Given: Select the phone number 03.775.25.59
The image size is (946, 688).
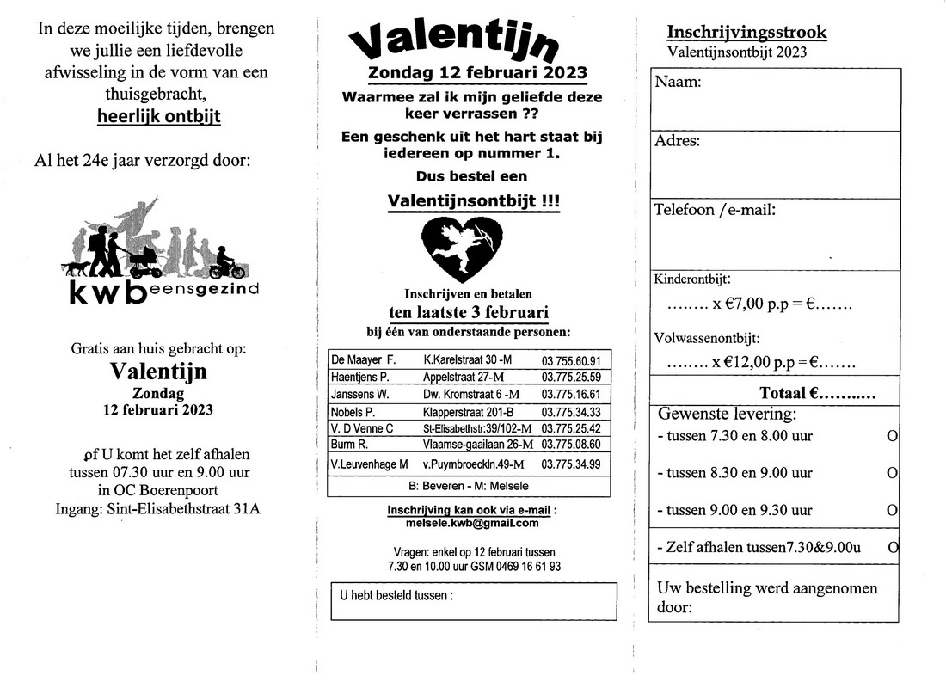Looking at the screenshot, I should pyautogui.click(x=571, y=377).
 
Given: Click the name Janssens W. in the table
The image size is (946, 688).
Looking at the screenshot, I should pyautogui.click(x=360, y=394).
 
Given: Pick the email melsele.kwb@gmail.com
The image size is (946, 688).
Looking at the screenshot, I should pyautogui.click(x=472, y=522).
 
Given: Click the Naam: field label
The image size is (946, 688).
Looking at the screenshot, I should pyautogui.click(x=678, y=83).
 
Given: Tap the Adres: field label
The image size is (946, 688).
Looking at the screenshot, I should pyautogui.click(x=678, y=141).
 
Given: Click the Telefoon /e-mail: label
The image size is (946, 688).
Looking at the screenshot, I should pyautogui.click(x=715, y=209).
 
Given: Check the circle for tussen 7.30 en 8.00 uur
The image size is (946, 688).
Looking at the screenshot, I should pyautogui.click(x=892, y=436).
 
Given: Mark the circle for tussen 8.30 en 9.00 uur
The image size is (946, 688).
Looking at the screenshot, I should pyautogui.click(x=892, y=473).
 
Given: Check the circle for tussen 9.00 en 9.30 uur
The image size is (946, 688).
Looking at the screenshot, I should pyautogui.click(x=892, y=510).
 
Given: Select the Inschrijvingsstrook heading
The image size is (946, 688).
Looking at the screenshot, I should pyautogui.click(x=746, y=33).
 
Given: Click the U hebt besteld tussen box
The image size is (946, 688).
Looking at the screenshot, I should pyautogui.click(x=473, y=601).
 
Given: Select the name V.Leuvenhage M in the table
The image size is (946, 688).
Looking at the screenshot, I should pyautogui.click(x=369, y=464).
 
